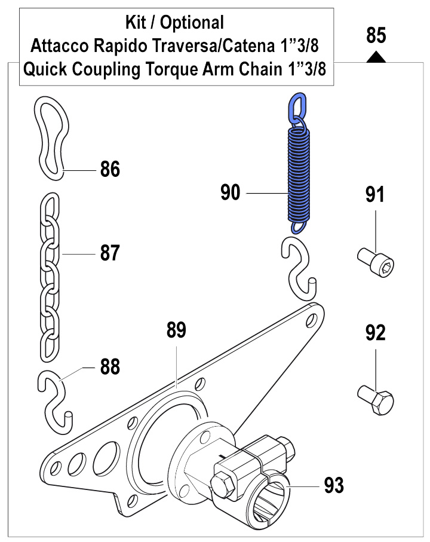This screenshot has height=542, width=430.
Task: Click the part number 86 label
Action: pos(110,169)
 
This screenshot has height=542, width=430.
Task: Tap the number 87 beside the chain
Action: pos(110,253)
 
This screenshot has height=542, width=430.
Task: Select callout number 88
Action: pos(110,366)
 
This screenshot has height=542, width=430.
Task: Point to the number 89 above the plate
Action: pos(177,330)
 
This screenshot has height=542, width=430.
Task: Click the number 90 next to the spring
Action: pos(231,193)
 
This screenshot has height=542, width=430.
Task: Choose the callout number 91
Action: pos(375,195)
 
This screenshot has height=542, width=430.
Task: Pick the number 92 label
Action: pos(375,332)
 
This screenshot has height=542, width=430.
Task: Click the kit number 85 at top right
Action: pos(376,36)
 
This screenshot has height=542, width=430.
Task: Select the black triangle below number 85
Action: pos(375,57)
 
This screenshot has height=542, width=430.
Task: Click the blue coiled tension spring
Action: pos(299,173)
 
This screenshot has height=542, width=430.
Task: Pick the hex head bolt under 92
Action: pos(377,399)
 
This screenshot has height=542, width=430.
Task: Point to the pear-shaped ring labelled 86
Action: pos(51,137)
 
